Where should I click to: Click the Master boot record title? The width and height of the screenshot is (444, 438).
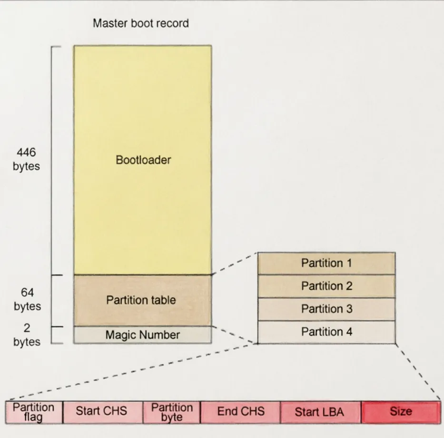(x=140, y=23)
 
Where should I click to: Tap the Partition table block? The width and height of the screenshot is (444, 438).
(x=142, y=300)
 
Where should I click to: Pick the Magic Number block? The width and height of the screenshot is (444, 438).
(x=142, y=335)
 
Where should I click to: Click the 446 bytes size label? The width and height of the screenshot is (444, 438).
(x=26, y=160)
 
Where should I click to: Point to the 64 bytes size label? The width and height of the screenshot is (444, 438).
(x=27, y=299)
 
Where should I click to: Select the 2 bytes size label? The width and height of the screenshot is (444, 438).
(x=27, y=335)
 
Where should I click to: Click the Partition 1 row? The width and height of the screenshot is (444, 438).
(x=326, y=263)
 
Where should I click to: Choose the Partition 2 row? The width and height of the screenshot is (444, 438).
(x=326, y=286)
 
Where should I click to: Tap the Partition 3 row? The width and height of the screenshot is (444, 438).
(x=326, y=309)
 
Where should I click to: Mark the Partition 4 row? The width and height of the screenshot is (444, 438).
(x=326, y=332)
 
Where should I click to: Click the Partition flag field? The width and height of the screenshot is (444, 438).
(x=33, y=412)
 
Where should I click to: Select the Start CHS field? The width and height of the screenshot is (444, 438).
(x=102, y=412)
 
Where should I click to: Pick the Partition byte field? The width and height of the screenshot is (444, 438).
(x=172, y=412)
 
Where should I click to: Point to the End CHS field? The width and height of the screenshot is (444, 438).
(x=241, y=412)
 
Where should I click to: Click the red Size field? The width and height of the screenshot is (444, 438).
(x=401, y=412)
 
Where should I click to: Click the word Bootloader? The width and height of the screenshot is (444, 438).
(x=143, y=160)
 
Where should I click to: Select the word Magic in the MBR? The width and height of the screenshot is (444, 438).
(x=119, y=335)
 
